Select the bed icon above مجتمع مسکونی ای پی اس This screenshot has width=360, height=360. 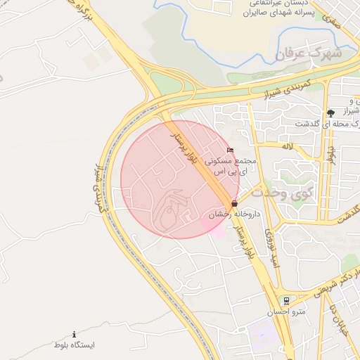point(230,150)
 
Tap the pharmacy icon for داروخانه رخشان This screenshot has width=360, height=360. point(233,203)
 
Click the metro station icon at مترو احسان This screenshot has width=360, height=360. point(285,300)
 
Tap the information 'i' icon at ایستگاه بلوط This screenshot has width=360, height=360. point(75,334)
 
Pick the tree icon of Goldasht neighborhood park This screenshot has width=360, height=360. point(330,112)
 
